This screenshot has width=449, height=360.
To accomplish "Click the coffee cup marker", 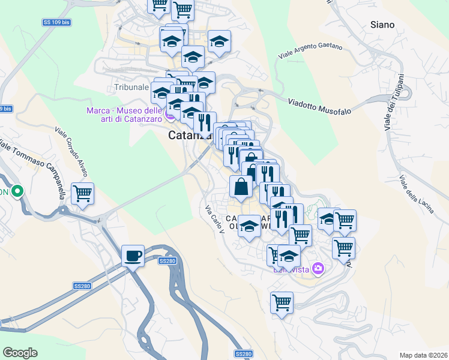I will pos(133,256).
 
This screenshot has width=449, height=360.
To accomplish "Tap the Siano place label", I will pos(382,25).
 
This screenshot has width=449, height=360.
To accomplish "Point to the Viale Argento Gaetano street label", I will pos(310,51).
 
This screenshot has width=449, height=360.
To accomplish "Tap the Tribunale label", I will pos(131,87).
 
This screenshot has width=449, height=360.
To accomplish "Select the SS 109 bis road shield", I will pos(56,22).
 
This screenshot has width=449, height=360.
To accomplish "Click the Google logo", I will pos(20,352).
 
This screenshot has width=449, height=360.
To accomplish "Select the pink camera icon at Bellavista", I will pos(318,268).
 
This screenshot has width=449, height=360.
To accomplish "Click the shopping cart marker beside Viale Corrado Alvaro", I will pos(82,194).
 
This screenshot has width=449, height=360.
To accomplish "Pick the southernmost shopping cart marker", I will pos(282,302).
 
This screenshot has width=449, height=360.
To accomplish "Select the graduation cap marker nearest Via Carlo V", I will pos(249,226).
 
